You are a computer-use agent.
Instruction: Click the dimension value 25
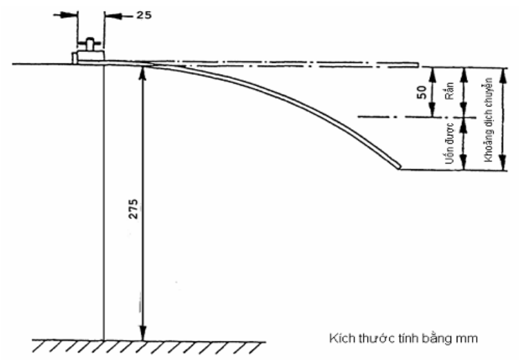click(144, 15)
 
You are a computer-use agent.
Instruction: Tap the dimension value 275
click(133, 209)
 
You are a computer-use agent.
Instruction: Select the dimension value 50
click(422, 93)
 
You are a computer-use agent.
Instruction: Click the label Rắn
click(449, 91)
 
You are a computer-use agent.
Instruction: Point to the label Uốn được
click(449, 144)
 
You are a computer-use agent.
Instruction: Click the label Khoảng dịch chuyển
click(488, 120)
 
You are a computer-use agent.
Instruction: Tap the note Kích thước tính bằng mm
click(404, 339)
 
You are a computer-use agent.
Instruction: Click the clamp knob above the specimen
click(90, 44)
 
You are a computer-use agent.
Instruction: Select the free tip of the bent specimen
click(399, 167)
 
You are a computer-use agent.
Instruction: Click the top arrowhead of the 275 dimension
click(142, 72)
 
